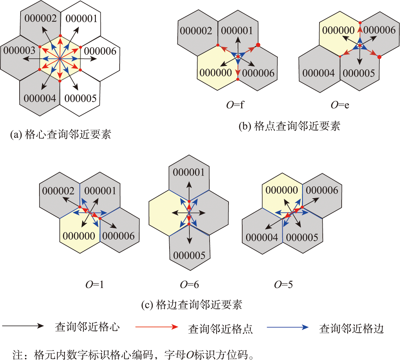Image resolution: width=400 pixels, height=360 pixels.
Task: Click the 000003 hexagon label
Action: click(19, 50)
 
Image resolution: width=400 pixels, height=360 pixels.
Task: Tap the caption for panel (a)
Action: click(61, 134)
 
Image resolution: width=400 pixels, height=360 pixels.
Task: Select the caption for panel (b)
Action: click(289, 126)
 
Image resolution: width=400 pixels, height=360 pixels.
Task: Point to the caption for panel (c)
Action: click(192, 305)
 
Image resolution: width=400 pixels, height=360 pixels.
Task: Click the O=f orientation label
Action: click(235, 105)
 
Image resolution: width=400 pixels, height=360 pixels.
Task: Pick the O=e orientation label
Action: click(340, 105)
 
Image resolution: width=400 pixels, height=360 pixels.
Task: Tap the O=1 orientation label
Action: click(95, 285)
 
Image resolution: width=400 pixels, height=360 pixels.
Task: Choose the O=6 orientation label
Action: click(189, 285)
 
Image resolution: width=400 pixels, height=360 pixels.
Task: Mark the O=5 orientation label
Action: click(283, 285)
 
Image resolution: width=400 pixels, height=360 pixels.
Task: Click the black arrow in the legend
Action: click(23, 326)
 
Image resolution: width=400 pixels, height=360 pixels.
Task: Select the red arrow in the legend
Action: click(157, 327)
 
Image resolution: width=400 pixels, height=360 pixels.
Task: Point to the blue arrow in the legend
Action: click(288, 327)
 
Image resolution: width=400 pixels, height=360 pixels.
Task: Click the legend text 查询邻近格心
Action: click(87, 327)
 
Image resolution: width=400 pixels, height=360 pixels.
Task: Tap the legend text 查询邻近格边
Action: click(351, 329)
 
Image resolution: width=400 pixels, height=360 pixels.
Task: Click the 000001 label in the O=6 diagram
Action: click(189, 172)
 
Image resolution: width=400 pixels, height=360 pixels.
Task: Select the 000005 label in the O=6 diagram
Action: click(189, 255)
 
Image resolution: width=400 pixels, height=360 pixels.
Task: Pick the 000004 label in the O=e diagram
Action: click(319, 73)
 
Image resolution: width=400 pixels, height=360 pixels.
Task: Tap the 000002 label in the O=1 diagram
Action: click(58, 191)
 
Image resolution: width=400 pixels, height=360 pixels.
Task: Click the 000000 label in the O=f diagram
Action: click(216, 73)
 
